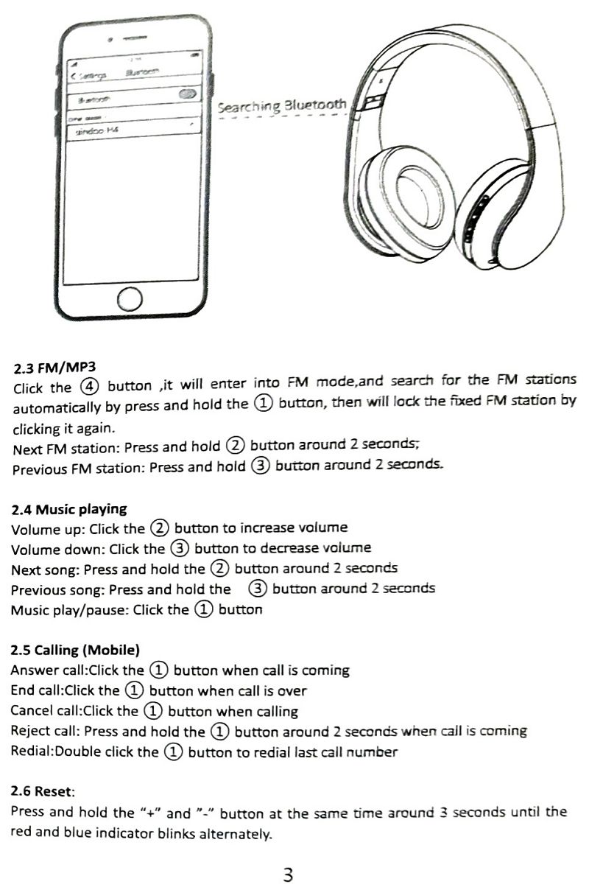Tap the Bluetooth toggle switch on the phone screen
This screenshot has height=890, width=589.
pyautogui.click(x=188, y=94)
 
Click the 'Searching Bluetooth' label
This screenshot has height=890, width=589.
pyautogui.click(x=281, y=106)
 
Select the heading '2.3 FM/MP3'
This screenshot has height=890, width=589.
pyautogui.click(x=55, y=367)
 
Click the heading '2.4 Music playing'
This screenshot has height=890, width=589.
pyautogui.click(x=69, y=509)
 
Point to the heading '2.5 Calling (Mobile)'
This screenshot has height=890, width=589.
pyautogui.click(x=75, y=650)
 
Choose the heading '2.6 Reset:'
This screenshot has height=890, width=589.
pyautogui.click(x=43, y=792)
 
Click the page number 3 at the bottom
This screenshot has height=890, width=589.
pyautogui.click(x=288, y=875)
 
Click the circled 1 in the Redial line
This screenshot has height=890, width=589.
pyautogui.click(x=173, y=752)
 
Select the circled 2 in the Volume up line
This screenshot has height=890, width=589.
pyautogui.click(x=160, y=528)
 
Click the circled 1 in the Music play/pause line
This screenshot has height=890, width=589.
pyautogui.click(x=203, y=609)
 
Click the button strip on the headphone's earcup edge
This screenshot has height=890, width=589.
pyautogui.click(x=473, y=219)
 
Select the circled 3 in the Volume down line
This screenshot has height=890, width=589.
pyautogui.click(x=180, y=548)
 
